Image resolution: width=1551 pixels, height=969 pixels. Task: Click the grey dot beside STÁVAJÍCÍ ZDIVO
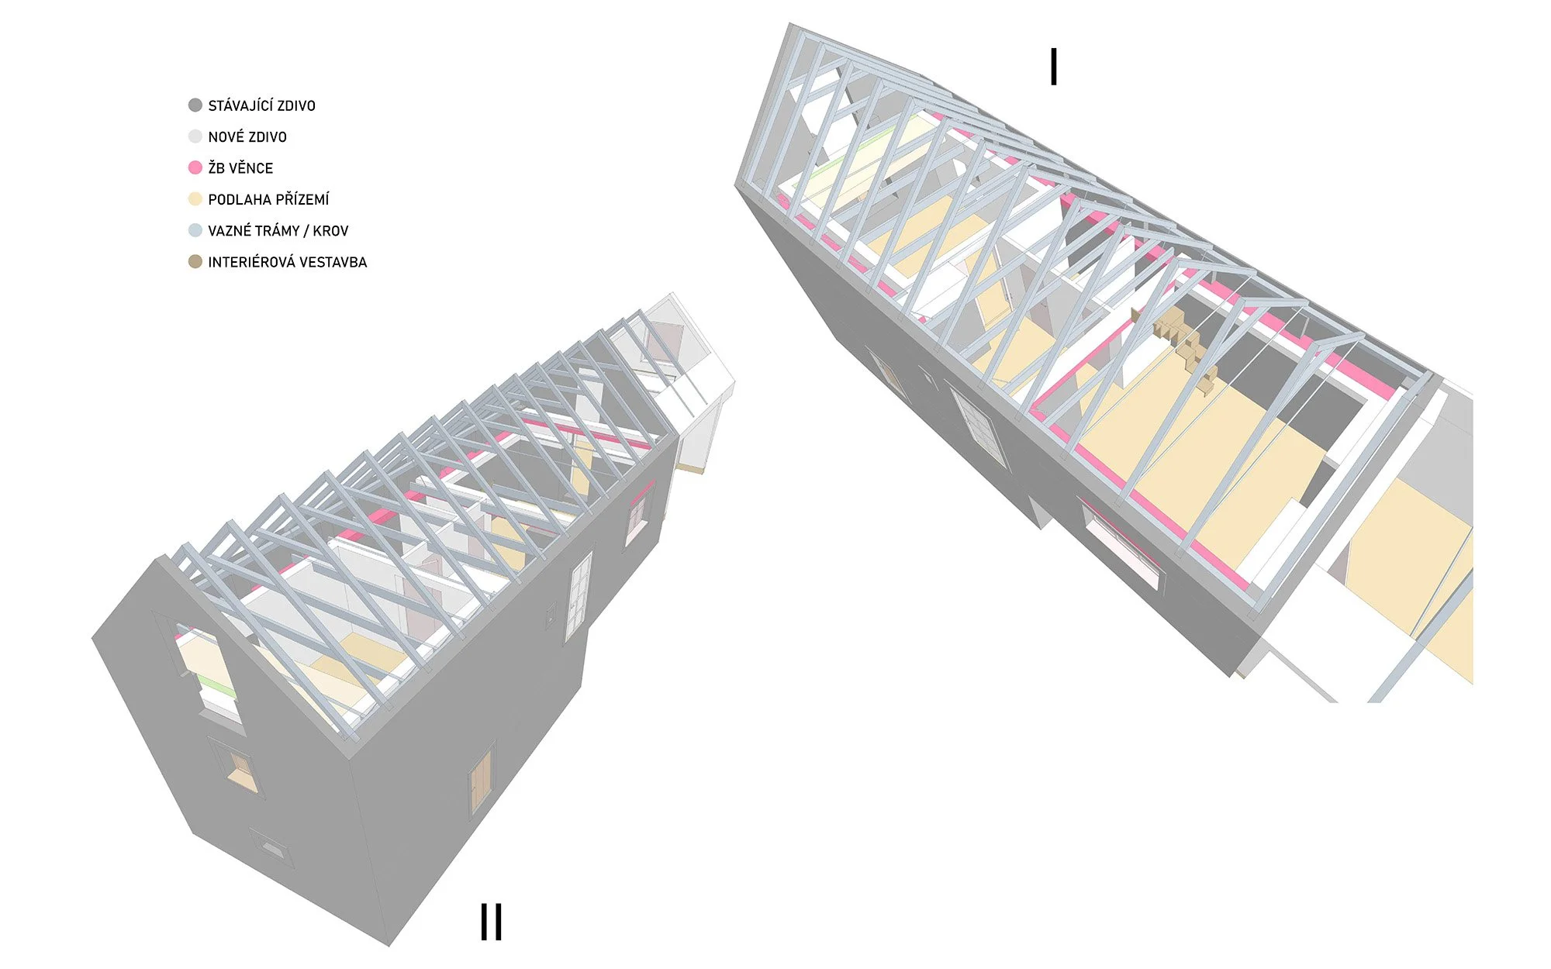pos(195,105)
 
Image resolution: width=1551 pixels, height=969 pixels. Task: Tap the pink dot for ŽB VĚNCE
pos(195,167)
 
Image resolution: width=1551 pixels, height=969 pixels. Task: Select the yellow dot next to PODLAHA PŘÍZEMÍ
pos(195,199)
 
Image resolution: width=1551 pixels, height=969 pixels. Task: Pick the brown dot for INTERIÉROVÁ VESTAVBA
pos(195,262)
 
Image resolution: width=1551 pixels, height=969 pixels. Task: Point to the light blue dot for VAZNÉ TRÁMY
pos(195,230)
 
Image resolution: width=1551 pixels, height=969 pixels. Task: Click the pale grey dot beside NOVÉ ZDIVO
pos(195,136)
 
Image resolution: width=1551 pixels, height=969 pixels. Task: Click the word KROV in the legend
pos(331,231)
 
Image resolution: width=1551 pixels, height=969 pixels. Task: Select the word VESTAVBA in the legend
pos(333,262)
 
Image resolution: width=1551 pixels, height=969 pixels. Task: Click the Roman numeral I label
pos(1053,67)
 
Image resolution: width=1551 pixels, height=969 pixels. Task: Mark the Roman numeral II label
pos(492,922)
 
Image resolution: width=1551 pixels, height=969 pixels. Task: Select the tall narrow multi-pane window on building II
pos(579,594)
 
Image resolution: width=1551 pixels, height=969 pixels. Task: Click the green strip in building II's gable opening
pos(216,685)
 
